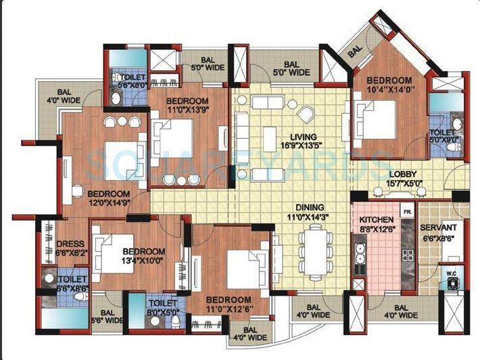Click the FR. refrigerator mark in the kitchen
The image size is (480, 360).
coord(407,212)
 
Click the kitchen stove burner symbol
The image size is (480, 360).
coord(408,255)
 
